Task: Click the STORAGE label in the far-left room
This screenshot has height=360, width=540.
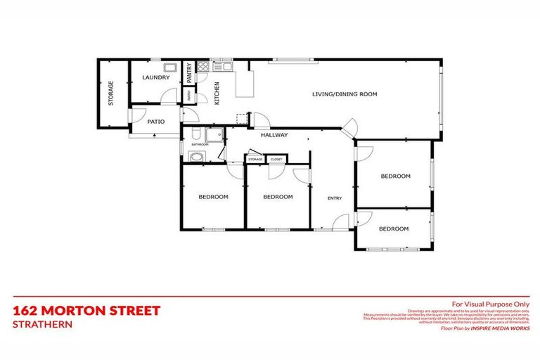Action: (x=111, y=94)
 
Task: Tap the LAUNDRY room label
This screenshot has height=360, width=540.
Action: (x=155, y=77)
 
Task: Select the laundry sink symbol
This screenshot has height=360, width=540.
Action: (x=170, y=67)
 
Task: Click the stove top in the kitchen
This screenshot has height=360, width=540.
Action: (x=202, y=67)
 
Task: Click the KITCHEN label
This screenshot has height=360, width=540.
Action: (x=217, y=93)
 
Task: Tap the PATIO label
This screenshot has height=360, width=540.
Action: (x=156, y=122)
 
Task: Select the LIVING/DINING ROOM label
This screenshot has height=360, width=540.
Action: (x=345, y=94)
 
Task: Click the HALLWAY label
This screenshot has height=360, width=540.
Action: (x=274, y=135)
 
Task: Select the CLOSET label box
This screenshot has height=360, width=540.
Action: (x=276, y=160)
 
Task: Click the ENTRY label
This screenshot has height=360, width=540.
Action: (x=335, y=198)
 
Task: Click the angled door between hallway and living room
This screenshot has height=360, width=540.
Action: (x=350, y=128)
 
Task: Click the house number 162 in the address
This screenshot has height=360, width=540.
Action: (x=27, y=310)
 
